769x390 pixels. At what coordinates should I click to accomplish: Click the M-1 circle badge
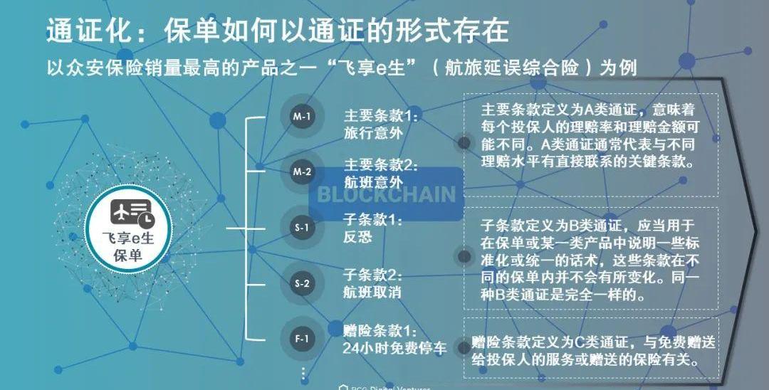pyautogui.click(x=302, y=116)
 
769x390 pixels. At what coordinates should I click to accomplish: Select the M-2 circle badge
pyautogui.click(x=302, y=172)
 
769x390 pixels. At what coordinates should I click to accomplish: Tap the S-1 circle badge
pyautogui.click(x=302, y=228)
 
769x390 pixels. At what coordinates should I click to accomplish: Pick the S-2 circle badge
pyautogui.click(x=302, y=283)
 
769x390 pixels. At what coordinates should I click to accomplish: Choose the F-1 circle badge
pyautogui.click(x=302, y=339)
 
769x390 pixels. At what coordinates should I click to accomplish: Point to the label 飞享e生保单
pyautogui.click(x=128, y=247)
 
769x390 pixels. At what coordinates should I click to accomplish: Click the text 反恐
pyautogui.click(x=357, y=237)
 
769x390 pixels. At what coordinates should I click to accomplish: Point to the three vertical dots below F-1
pyautogui.click(x=303, y=372)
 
